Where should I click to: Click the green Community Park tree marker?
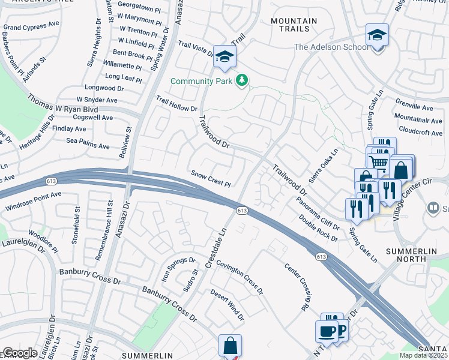point(242,80)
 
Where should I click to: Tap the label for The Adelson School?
point(331,47)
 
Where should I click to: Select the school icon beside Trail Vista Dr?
point(225,57)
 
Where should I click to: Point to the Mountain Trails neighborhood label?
point(294,25)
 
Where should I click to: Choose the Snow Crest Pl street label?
point(211,178)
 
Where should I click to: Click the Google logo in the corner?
point(20,353)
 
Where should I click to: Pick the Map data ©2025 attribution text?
point(423,355)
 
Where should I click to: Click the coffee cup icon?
point(327,331)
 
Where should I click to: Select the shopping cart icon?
point(378,162)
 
